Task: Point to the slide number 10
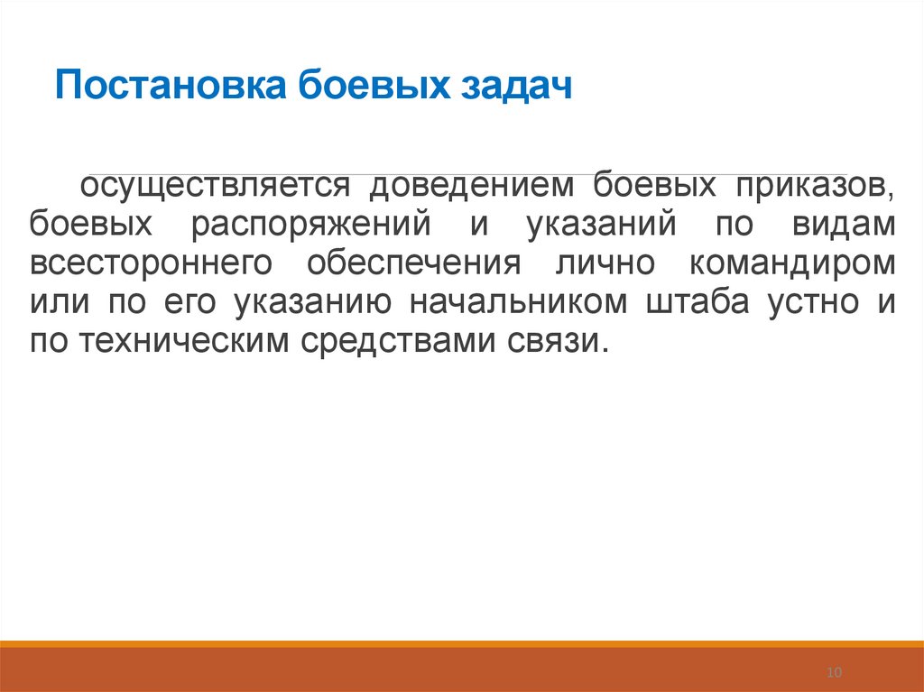click(x=834, y=672)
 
